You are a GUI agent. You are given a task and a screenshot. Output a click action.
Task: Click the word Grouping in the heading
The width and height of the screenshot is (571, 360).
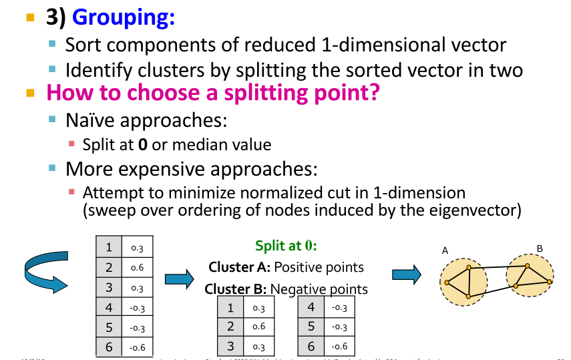pos(124,17)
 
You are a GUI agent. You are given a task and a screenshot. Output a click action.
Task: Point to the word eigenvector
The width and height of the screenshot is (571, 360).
pos(478,210)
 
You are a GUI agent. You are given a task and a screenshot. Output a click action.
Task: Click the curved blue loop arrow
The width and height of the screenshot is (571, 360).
pos(44,271)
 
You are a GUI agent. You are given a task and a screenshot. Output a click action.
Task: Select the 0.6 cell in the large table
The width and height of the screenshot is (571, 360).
pos(138,268)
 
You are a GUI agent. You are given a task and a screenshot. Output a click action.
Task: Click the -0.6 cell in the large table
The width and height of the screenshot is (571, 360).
pos(138,347)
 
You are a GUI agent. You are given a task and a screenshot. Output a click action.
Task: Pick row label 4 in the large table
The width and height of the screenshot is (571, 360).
pos(109,308)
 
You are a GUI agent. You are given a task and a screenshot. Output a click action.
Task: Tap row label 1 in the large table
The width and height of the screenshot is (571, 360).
pos(109,248)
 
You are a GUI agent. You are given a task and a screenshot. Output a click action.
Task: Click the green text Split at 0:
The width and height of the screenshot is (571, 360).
pos(286,245)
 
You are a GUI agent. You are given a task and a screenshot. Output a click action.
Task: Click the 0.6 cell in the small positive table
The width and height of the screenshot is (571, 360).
pos(258,327)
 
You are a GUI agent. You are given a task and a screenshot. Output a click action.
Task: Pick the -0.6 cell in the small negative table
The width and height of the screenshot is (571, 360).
pos(339,347)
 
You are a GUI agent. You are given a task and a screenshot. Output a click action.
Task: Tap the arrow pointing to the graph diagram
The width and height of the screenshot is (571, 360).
pos(407,275)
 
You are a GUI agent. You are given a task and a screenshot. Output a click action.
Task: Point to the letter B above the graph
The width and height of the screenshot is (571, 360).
pos(540,248)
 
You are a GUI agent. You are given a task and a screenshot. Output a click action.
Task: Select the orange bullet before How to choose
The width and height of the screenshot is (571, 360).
pos(29,93)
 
